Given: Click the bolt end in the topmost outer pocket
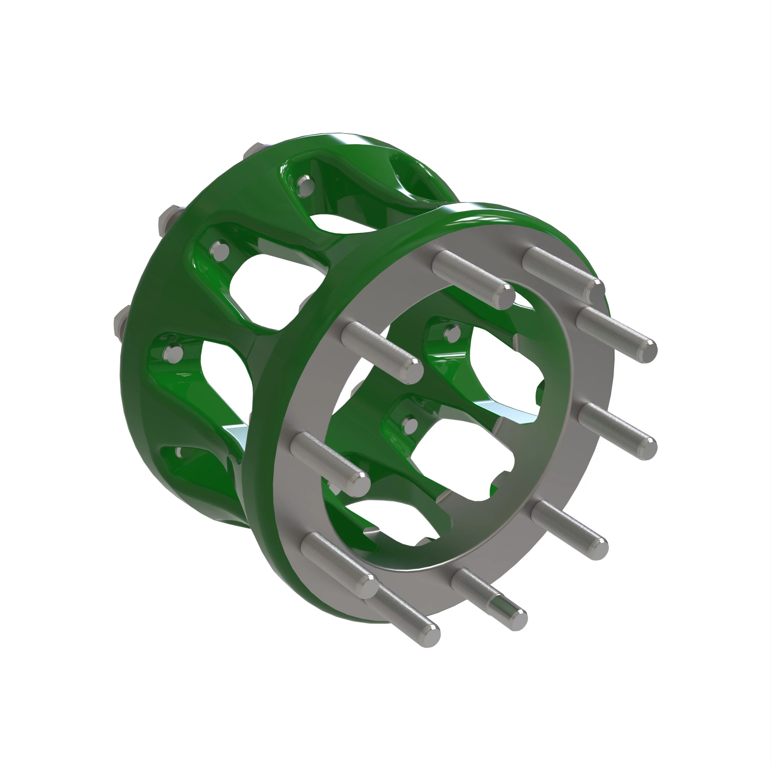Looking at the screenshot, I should point(306,184).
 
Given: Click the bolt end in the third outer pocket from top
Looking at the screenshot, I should point(172,353).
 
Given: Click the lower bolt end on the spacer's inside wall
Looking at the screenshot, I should point(409,424).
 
